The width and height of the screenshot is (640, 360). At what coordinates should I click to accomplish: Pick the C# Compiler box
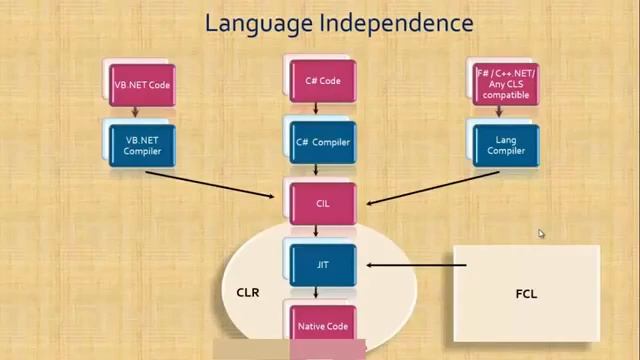click(323, 142)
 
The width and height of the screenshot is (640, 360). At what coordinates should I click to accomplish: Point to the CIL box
click(322, 203)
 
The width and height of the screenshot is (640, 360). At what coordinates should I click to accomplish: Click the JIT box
click(322, 265)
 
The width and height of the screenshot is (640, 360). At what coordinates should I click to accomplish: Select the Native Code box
click(322, 326)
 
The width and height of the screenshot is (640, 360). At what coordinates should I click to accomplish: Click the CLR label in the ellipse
click(247, 294)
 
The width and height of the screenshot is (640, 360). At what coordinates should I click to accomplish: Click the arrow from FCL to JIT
click(415, 265)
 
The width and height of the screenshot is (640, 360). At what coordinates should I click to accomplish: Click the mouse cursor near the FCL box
click(541, 234)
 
